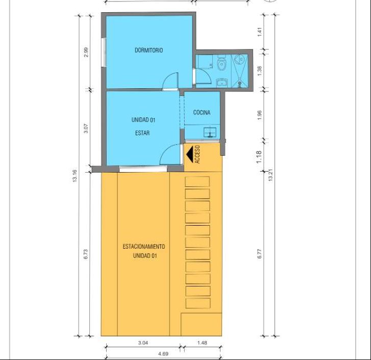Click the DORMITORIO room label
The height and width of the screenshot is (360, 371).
pyautogui.click(x=149, y=50)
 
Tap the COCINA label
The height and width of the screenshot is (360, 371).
pyautogui.click(x=202, y=112)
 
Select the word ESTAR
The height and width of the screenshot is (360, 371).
pyautogui.click(x=142, y=133)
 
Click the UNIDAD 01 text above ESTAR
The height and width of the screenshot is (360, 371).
pyautogui.click(x=143, y=120)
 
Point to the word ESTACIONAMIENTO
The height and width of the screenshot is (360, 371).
pyautogui.click(x=143, y=247)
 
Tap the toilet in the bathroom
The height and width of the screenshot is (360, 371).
pyautogui.click(x=221, y=62)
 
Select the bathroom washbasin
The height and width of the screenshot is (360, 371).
pyautogui.click(x=221, y=82)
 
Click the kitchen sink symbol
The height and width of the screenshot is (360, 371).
pyautogui.click(x=210, y=132)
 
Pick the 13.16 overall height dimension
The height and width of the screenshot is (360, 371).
pyautogui.click(x=75, y=176)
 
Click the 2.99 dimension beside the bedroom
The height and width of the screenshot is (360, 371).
pyautogui.click(x=86, y=52)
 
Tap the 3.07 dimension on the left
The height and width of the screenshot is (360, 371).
pyautogui.click(x=86, y=128)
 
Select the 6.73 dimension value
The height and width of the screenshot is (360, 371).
pyautogui.click(x=86, y=254)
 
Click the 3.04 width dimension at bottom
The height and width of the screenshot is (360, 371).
pyautogui.click(x=143, y=343)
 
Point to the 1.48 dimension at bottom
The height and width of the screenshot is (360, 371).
pyautogui.click(x=202, y=343)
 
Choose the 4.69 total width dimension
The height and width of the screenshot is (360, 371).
pyautogui.click(x=163, y=354)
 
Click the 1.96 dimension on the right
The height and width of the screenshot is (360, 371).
pyautogui.click(x=260, y=115)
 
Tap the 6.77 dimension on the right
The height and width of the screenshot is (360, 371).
pyautogui.click(x=260, y=253)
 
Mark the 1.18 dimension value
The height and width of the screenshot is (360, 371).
pyautogui.click(x=259, y=156)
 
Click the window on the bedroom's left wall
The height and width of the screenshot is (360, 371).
pyautogui.click(x=104, y=52)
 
